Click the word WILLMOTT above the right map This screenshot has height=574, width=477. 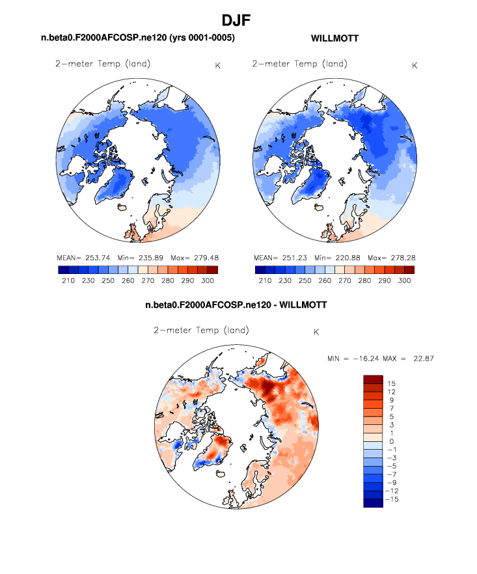point(335,39)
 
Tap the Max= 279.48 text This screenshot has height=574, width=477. point(193,258)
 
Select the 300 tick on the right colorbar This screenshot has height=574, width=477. point(404,280)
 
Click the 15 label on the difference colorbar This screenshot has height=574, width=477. point(391,383)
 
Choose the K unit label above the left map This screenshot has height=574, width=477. point(217,65)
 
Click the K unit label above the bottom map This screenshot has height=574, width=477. point(316,332)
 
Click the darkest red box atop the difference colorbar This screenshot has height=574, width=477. point(373,379)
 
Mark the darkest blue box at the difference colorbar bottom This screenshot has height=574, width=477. point(373,502)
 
